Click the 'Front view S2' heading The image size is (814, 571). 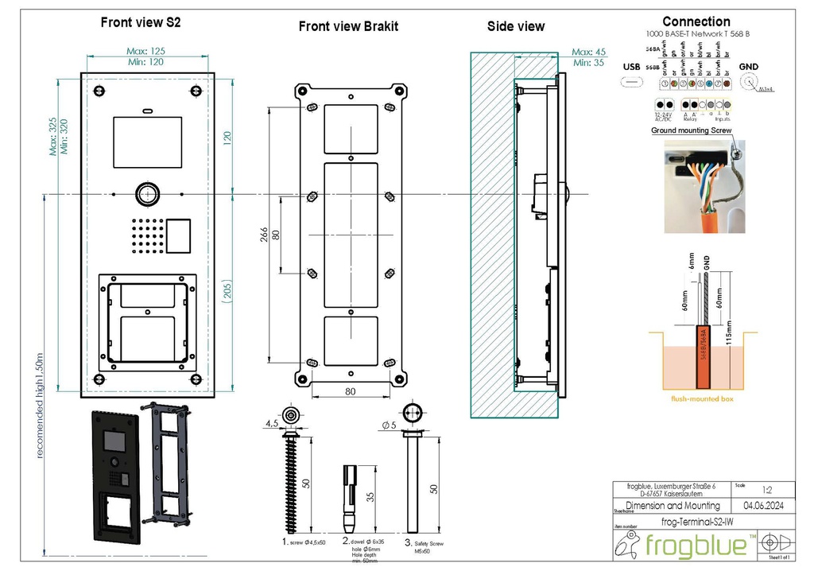(140, 23)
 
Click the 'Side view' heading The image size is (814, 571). (515, 26)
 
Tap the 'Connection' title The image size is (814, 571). (696, 21)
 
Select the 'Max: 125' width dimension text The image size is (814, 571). (145, 52)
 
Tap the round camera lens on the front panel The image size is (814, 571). (146, 194)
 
